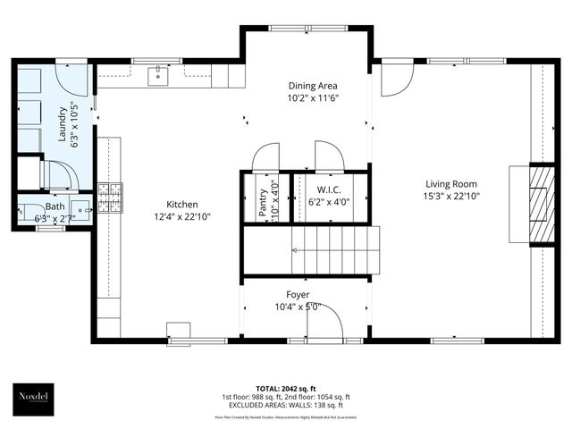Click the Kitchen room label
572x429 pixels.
(181, 205)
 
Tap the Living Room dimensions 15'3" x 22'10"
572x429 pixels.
(452, 196)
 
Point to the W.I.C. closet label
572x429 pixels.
(330, 189)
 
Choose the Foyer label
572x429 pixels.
(298, 294)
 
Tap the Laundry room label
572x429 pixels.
(63, 124)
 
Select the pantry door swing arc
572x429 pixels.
(265, 157)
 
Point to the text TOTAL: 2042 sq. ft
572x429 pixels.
(285, 390)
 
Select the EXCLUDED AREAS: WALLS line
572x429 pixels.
(285, 405)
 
